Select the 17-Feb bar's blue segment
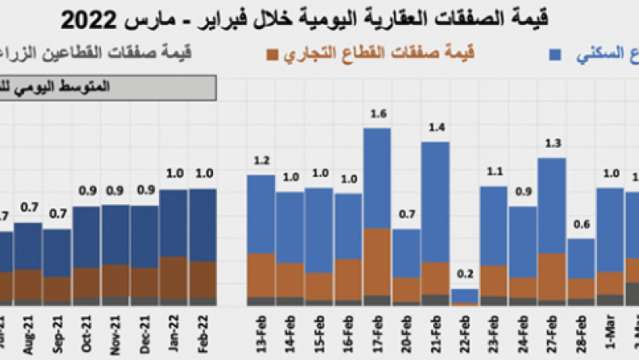pos(377,178)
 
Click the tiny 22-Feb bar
pos(465,296)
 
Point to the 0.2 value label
pos(466,274)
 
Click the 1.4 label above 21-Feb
pos(436,128)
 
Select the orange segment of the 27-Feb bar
pos(551,276)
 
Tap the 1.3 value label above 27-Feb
pos(552,144)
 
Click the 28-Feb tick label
pos(582,331)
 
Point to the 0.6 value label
pos(581,224)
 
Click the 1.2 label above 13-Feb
pos(261,160)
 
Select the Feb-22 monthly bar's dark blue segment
pos(203,224)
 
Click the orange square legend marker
pos(272,55)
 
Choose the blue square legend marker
pos(555,55)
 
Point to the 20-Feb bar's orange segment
pos(407,289)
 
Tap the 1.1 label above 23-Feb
pos(493,171)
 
